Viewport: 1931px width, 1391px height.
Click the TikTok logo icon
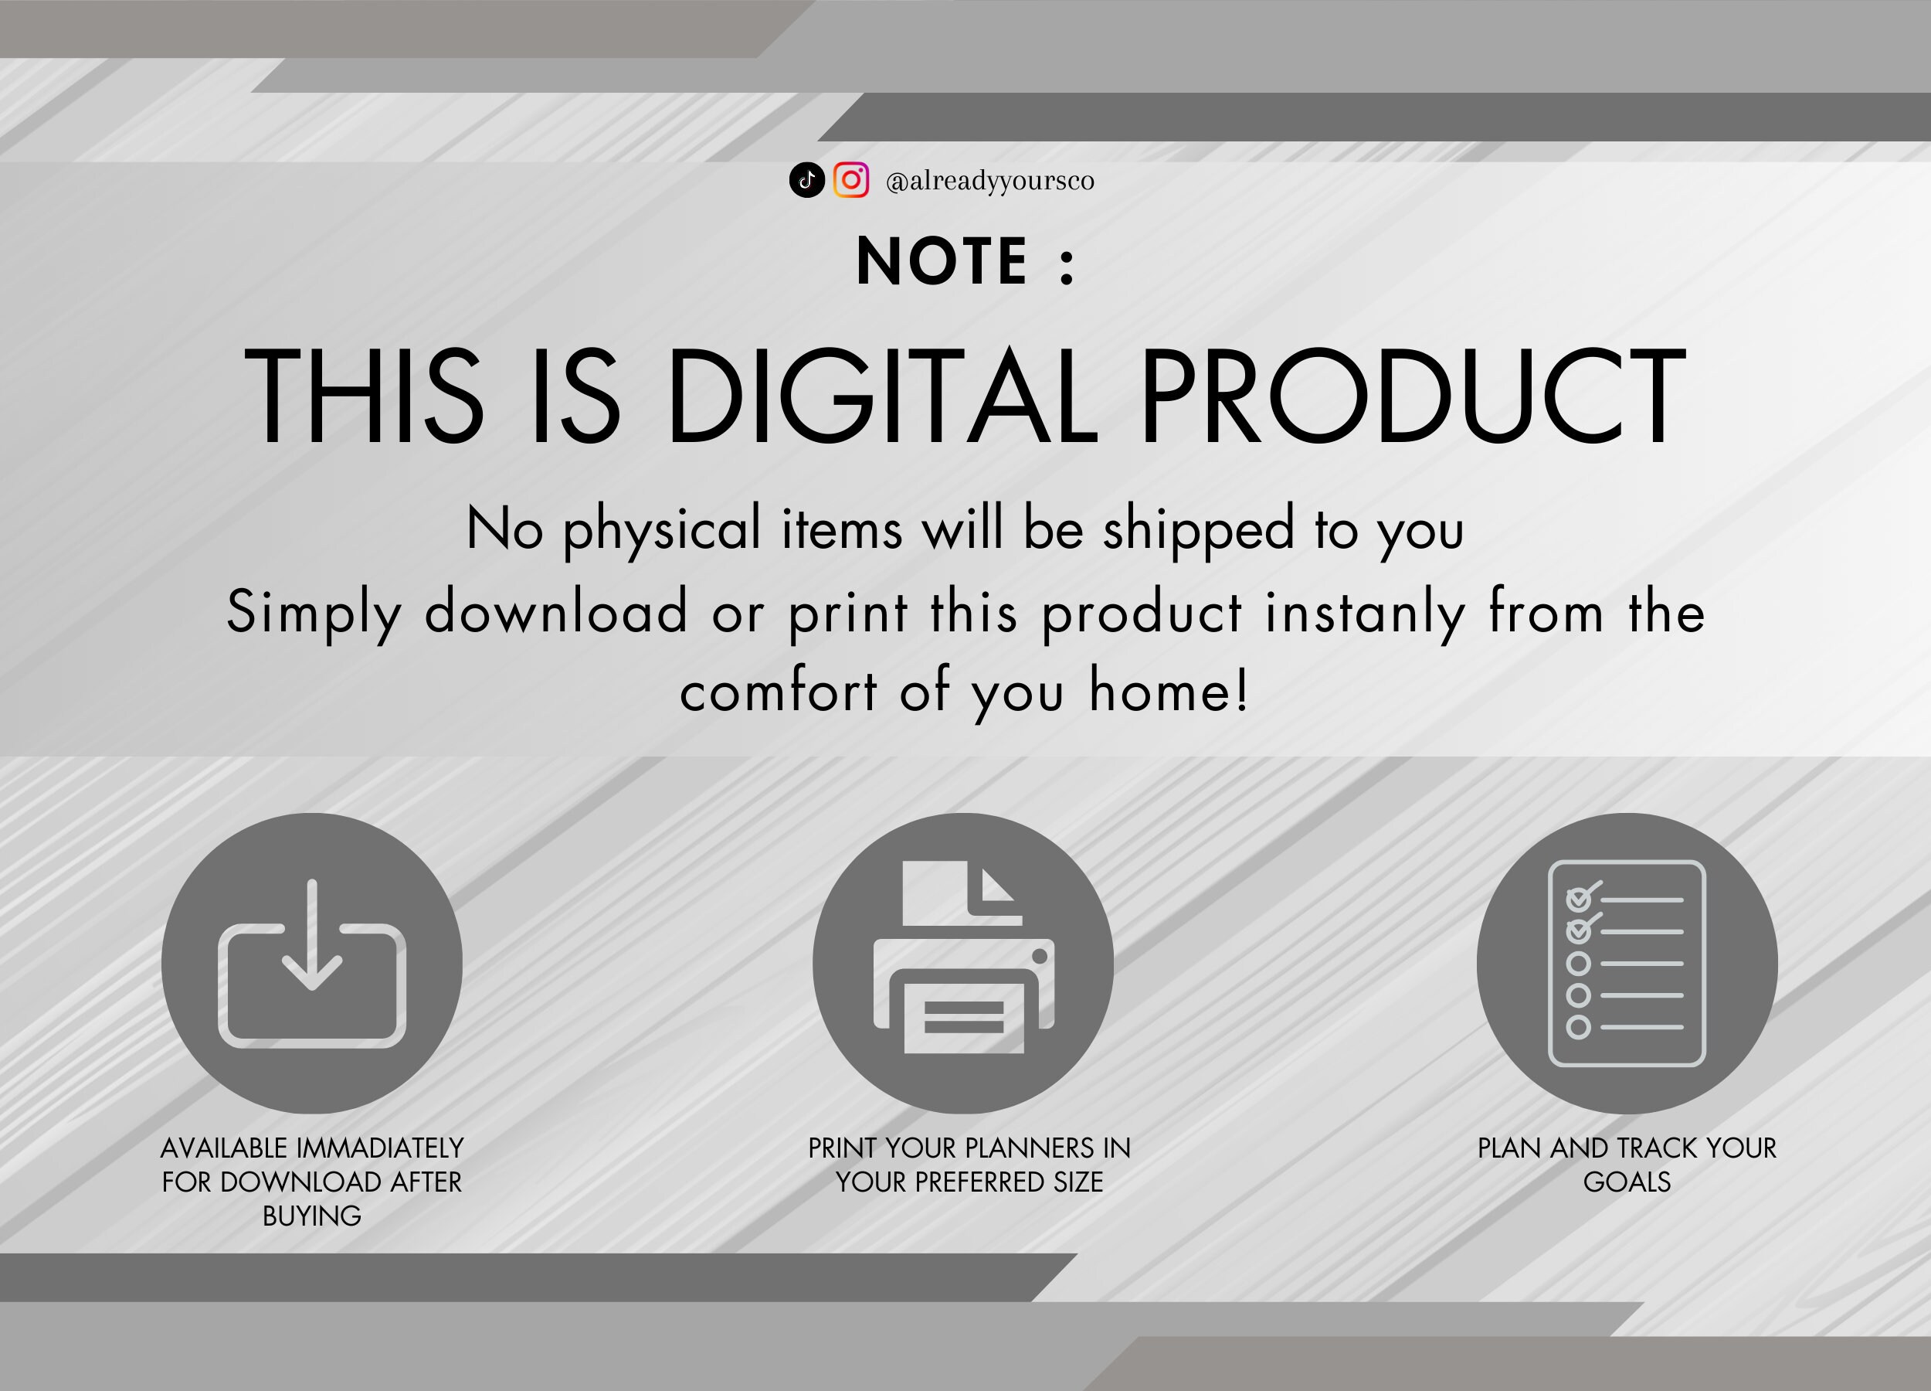click(807, 180)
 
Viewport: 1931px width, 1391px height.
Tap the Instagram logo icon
click(850, 180)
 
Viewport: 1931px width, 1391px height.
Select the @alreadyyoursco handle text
click(990, 182)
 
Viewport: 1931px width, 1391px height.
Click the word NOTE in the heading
click(942, 260)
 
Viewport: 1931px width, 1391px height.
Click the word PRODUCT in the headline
click(1413, 396)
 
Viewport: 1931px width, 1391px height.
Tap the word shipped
click(1198, 530)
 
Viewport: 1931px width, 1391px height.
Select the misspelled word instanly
click(1365, 613)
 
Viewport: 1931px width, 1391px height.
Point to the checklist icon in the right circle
click(1626, 964)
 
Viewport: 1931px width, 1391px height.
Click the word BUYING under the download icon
click(311, 1216)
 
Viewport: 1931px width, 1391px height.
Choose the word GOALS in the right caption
click(1627, 1182)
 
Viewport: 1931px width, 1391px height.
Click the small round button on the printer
click(1040, 957)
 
